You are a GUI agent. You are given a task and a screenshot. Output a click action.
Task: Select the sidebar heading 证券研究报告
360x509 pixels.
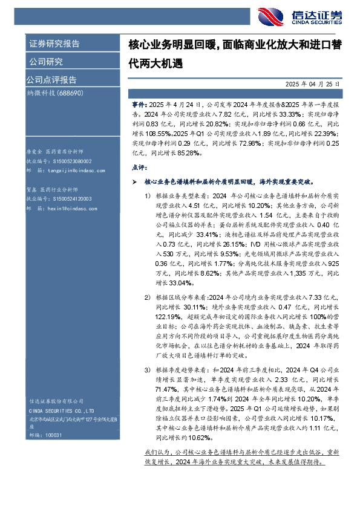[x=54, y=44]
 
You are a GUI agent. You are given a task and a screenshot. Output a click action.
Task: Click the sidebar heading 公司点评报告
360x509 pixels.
[x=51, y=79]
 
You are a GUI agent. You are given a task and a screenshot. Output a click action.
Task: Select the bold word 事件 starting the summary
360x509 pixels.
[x=137, y=104]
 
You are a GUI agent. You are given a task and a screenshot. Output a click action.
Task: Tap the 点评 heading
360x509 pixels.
[x=139, y=166]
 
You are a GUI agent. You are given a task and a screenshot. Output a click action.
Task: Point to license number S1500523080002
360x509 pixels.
[x=70, y=162]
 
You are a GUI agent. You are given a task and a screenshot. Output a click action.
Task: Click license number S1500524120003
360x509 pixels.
[x=70, y=198]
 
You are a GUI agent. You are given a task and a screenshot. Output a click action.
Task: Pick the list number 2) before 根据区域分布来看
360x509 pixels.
[x=147, y=297]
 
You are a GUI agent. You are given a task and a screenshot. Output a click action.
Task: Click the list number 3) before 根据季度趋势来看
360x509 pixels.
[x=147, y=369]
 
